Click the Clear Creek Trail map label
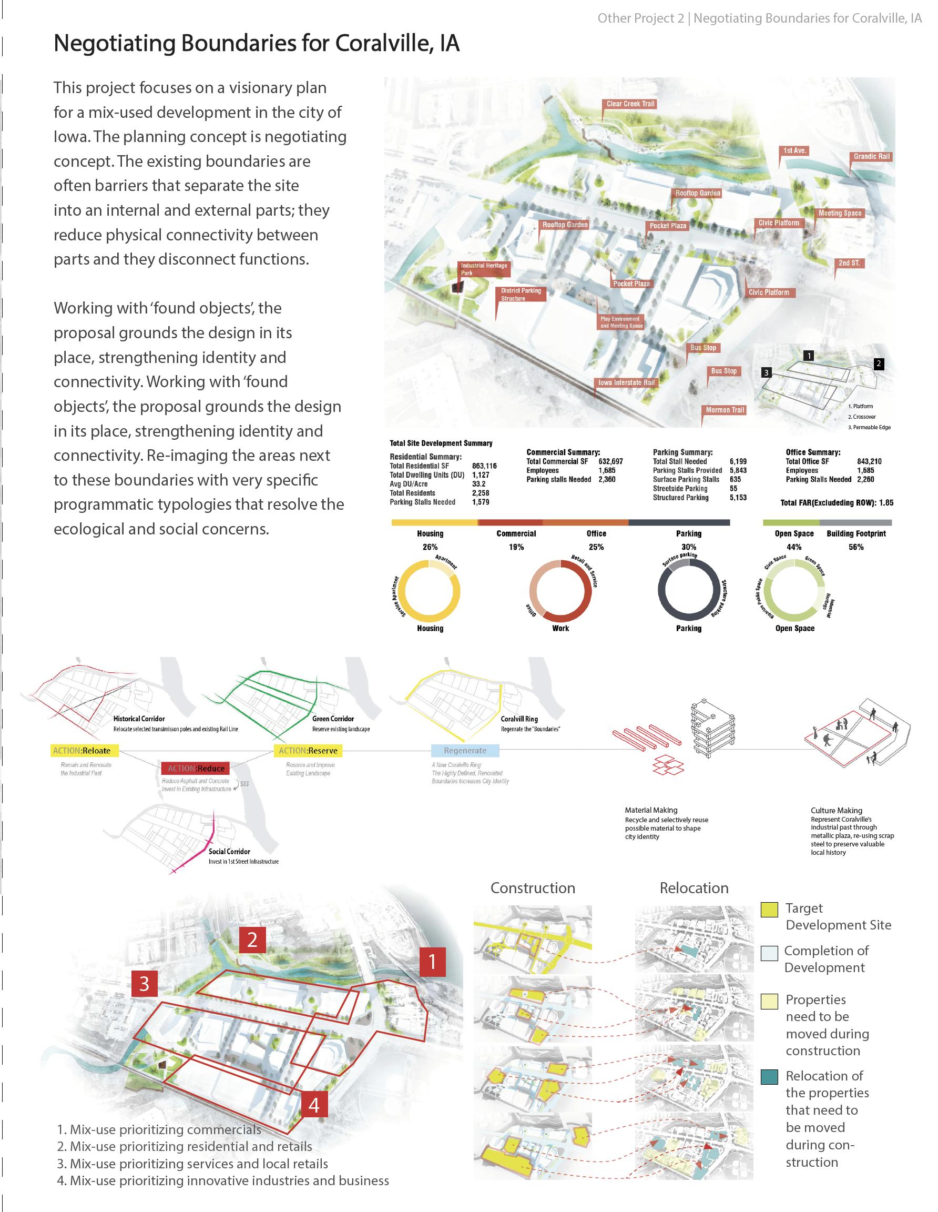coord(630,104)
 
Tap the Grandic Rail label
coord(871,156)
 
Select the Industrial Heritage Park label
coord(484,269)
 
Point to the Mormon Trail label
coord(725,410)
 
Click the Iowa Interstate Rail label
coord(626,382)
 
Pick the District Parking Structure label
coord(521,294)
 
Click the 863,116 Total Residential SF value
coord(484,466)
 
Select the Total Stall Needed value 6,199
coord(738,461)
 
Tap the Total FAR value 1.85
coord(886,503)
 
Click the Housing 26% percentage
coord(430,547)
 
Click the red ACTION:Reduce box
coord(196,768)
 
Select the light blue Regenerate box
coord(465,750)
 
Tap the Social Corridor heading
coord(229,851)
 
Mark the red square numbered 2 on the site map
coord(252,940)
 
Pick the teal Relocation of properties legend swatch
coord(769,1077)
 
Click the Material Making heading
coord(651,810)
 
